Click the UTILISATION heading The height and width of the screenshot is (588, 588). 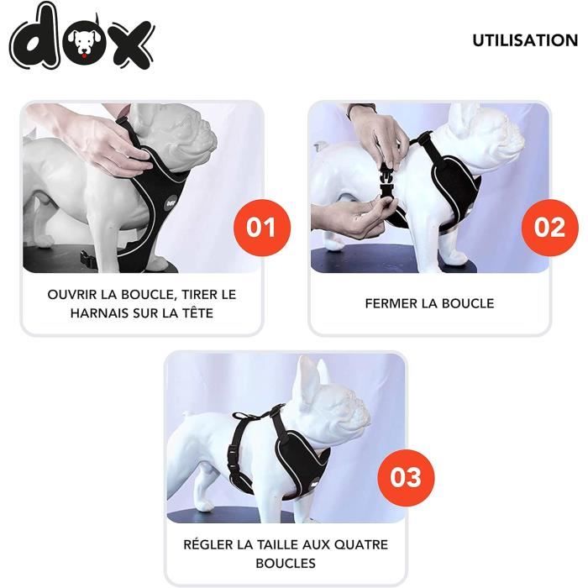pos(525,40)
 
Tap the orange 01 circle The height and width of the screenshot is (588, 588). pos(262,228)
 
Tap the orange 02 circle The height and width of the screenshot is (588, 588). pos(549,228)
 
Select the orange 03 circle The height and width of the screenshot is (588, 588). pos(406,477)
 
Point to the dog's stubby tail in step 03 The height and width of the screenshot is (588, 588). pos(186,415)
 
